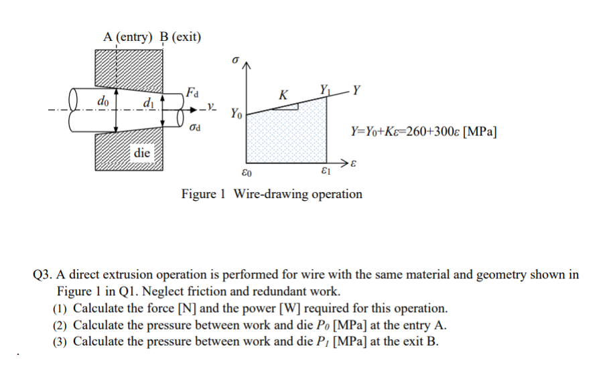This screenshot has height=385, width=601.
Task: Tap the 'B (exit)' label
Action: (180, 36)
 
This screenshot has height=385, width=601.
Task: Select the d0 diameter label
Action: (104, 100)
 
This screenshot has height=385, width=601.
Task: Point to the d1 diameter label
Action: (148, 102)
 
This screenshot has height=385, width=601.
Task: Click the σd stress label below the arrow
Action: (194, 125)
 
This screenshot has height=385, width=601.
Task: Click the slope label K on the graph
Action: (284, 94)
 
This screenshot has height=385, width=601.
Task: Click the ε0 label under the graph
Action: (245, 173)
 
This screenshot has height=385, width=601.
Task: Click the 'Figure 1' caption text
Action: (203, 194)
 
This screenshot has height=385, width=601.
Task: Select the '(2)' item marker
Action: (61, 325)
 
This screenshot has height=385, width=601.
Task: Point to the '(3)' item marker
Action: (61, 341)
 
